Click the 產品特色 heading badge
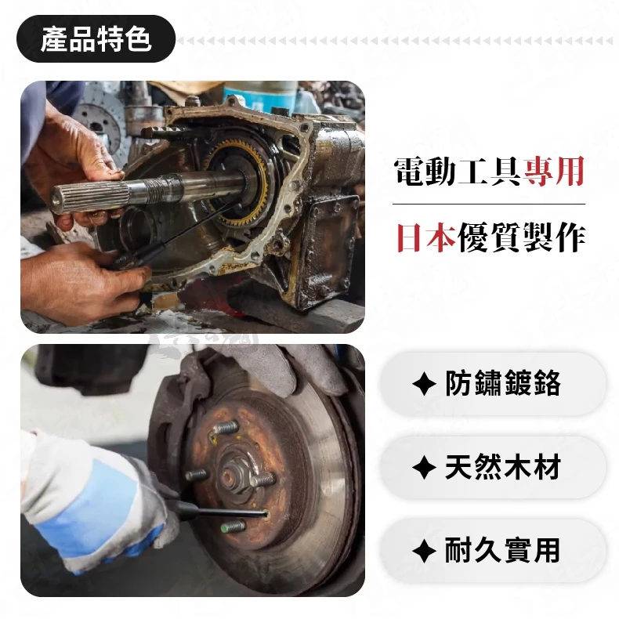click(96, 39)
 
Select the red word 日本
click(426, 237)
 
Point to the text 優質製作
click(521, 237)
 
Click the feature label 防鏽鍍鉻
click(502, 383)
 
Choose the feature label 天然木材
click(502, 467)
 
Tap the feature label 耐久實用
click(502, 550)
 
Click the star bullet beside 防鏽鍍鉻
click(424, 384)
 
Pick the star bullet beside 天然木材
click(424, 468)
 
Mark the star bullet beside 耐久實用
click(424, 551)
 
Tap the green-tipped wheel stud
click(233, 527)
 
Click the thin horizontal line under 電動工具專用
click(489, 204)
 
